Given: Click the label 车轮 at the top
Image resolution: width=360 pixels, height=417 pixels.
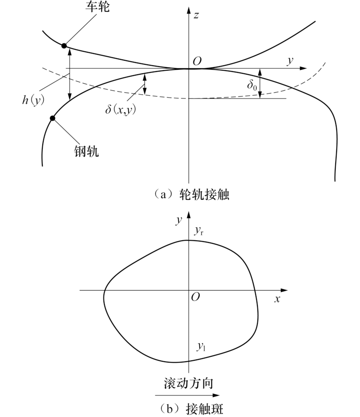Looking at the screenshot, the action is [x=97, y=7].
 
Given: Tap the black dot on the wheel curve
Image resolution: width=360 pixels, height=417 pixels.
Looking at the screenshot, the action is [x=64, y=46].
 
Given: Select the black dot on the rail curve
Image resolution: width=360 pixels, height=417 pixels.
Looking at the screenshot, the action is [x=53, y=118].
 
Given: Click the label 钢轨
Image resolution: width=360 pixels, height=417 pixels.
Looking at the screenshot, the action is [x=86, y=151].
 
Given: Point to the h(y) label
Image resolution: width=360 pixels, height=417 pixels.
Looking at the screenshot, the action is [x=33, y=100].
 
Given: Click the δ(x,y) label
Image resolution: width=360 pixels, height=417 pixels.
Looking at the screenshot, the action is [x=121, y=109].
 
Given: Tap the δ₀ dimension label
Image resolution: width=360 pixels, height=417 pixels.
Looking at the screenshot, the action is [x=252, y=85].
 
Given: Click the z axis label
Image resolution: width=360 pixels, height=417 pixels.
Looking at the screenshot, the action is [x=196, y=15].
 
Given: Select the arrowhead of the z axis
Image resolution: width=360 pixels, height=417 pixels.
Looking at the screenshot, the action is [x=189, y=10].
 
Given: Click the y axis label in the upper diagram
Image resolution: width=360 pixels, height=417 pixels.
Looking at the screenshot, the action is [x=290, y=61].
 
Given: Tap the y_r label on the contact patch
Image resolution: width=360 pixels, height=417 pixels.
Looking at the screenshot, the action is [x=199, y=231].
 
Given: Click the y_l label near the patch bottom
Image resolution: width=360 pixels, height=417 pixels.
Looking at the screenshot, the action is [x=201, y=346].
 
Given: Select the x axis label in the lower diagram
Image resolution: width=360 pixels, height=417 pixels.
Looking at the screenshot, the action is [x=277, y=299].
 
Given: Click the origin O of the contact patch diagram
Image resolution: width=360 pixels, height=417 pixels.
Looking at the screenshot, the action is [x=196, y=297].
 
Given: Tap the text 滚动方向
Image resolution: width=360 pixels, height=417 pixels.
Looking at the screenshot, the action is [x=189, y=383].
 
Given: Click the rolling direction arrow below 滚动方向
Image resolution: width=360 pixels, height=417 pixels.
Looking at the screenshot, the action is [x=187, y=395].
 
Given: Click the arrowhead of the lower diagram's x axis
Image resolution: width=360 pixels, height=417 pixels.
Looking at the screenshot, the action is [x=284, y=290].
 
